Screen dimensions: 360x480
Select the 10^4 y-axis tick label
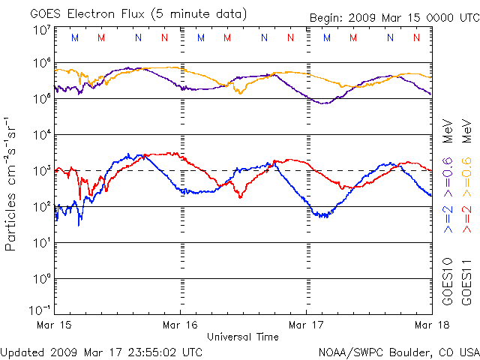pyautogui.click(x=42, y=135)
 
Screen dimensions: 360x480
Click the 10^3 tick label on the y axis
pyautogui.click(x=42, y=171)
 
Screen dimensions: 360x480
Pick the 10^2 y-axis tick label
pyautogui.click(x=42, y=207)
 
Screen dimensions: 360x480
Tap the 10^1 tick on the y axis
pyautogui.click(x=42, y=243)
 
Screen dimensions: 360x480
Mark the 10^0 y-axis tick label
pyautogui.click(x=42, y=279)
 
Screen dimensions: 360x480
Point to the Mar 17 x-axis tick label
pyautogui.click(x=307, y=325)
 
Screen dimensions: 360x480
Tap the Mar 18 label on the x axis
pyautogui.click(x=432, y=325)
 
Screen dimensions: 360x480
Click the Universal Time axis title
pyautogui.click(x=243, y=337)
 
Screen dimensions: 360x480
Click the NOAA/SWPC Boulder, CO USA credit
pyautogui.click(x=398, y=351)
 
